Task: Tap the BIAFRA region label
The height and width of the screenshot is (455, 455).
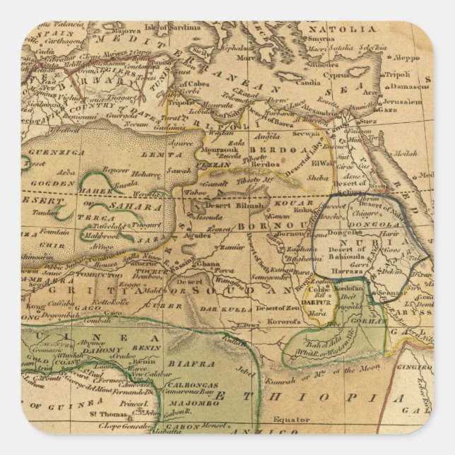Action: (x=191, y=363)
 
